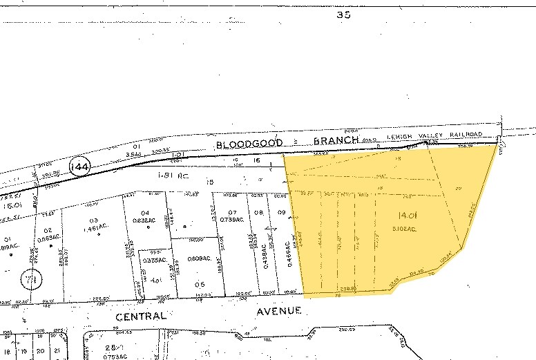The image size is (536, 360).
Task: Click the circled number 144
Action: [x=80, y=167]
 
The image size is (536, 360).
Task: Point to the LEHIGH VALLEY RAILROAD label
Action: [x=434, y=135]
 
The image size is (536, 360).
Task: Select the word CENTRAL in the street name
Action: [x=140, y=316]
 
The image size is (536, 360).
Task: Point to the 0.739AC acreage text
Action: [x=232, y=219]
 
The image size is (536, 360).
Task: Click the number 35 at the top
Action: [x=343, y=14]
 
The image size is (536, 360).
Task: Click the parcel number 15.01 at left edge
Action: [x=11, y=205]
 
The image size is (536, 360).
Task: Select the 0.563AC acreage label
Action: [x=47, y=239]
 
